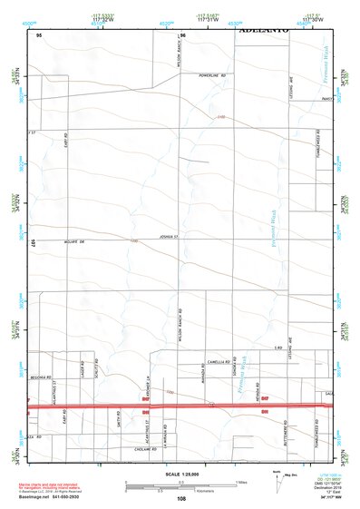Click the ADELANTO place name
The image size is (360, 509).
pos(264,30)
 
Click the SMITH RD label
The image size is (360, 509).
pos(120,418)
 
